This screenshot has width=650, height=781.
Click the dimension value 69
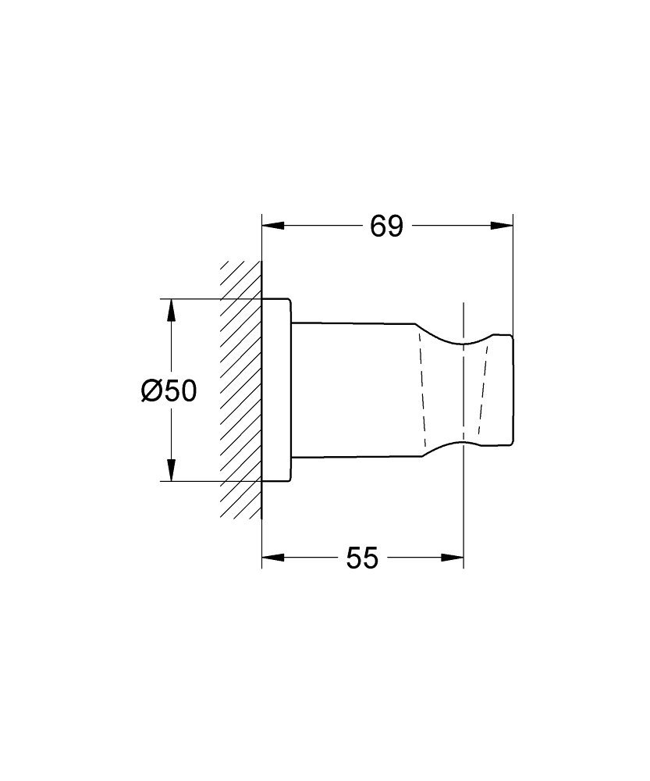386,226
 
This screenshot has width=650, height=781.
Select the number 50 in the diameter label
179,390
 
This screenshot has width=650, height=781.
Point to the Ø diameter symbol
152,390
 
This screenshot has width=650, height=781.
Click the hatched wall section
240,390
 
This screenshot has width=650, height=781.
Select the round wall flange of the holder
276,390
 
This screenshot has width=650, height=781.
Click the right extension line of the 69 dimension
513,273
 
